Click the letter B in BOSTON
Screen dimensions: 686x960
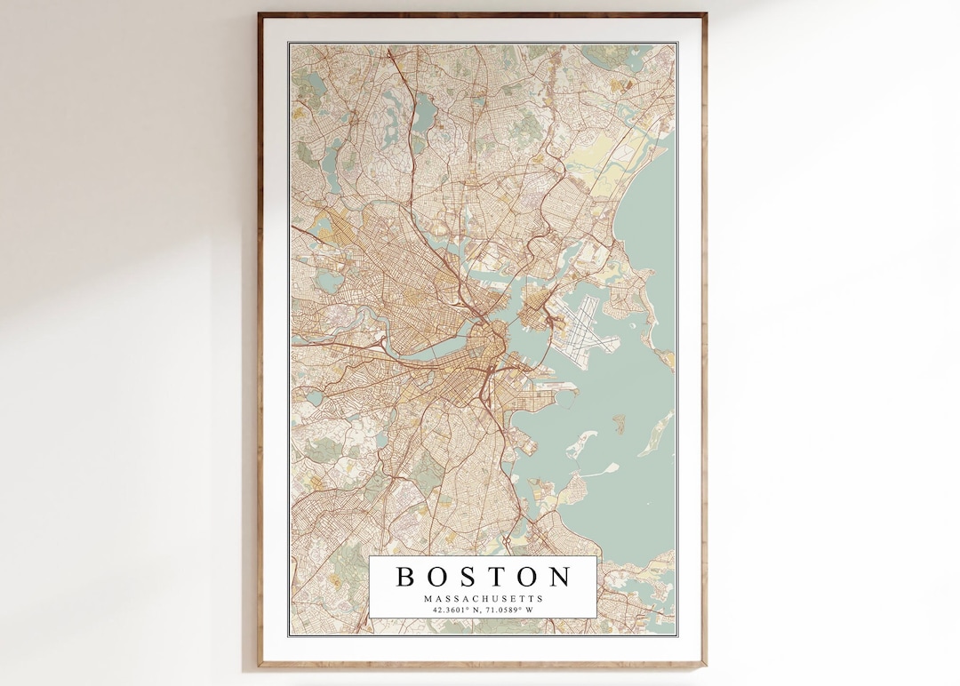(405, 577)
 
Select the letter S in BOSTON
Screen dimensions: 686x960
(469, 577)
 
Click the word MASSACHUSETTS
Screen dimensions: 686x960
(483, 599)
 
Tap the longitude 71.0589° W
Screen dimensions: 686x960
(509, 610)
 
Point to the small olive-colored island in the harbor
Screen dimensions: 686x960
(618, 424)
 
